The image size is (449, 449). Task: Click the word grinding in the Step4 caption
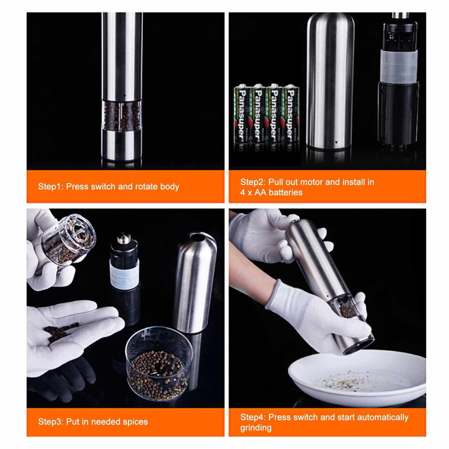pyautogui.click(x=256, y=428)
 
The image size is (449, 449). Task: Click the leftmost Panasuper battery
pyautogui.click(x=242, y=118)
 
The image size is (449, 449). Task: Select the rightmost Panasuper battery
pyautogui.click(x=291, y=118)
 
